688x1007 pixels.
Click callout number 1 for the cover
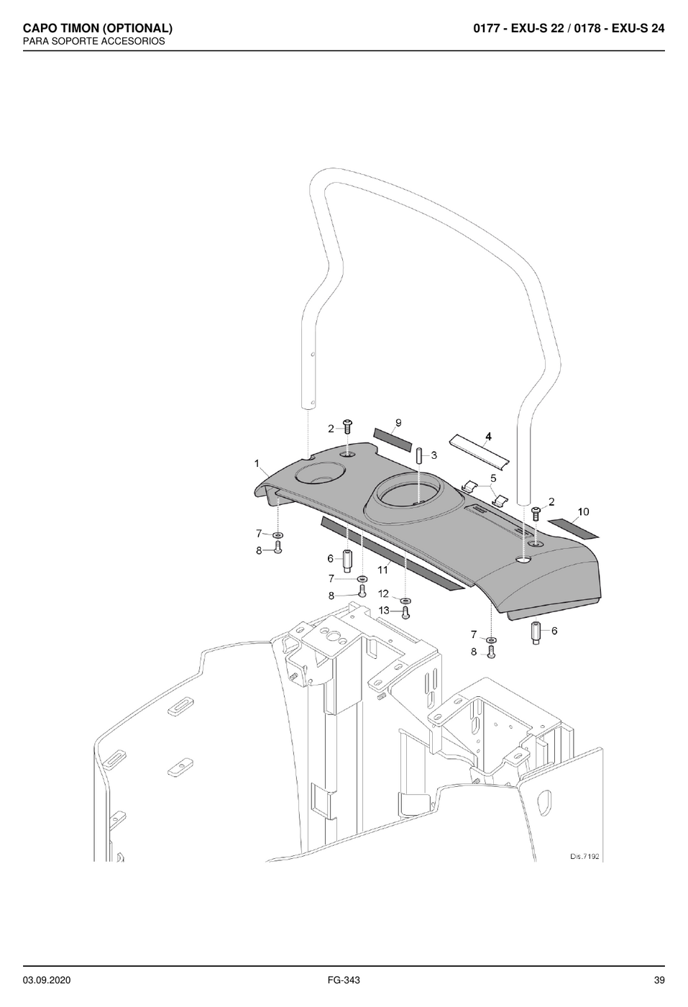[257, 463]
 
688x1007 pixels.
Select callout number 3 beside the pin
[434, 455]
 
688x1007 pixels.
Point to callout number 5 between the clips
[493, 478]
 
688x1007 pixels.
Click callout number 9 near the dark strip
[398, 423]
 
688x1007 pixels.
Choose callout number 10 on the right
[583, 511]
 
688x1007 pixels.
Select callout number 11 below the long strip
[382, 570]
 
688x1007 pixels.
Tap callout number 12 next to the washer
[383, 594]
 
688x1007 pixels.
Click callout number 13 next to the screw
[384, 611]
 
